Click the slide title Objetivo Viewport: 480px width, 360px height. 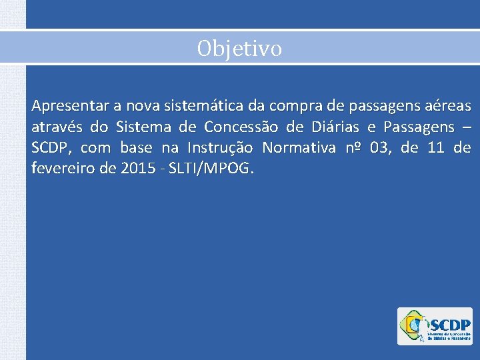pos(239,48)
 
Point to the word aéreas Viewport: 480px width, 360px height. pos(449,106)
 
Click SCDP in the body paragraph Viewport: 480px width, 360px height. pos(51,147)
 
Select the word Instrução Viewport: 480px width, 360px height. pos(223,147)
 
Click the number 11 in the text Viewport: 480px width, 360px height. pos(437,147)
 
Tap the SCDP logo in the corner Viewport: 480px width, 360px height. pos(435,326)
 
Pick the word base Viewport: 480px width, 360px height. pos(136,147)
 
